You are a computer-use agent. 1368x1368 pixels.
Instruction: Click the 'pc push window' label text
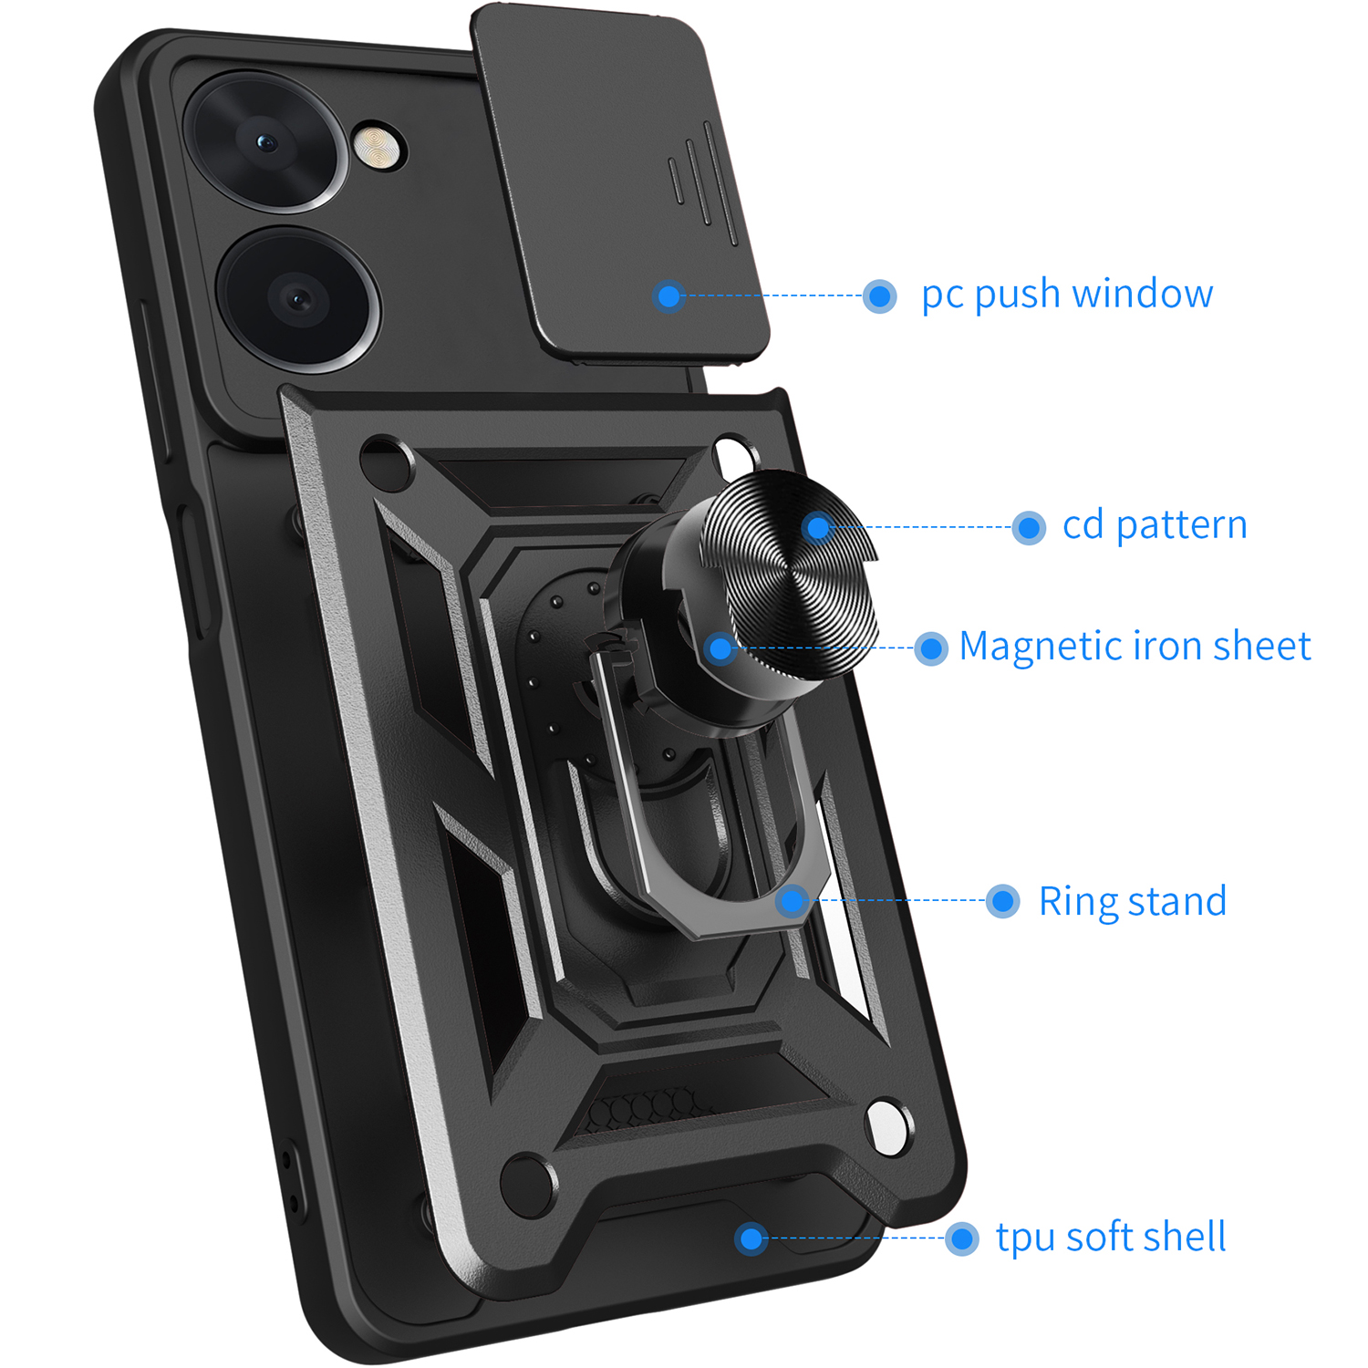pos(1067,295)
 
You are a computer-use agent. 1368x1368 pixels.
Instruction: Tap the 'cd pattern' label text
pos(1155,526)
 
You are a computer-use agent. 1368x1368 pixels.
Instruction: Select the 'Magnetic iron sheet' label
pos(1135,647)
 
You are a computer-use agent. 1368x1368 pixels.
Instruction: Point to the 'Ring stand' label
pos(1132,902)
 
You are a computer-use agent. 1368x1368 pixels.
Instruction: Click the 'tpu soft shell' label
pos(1110,1238)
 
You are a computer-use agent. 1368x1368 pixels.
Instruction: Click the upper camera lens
pos(266,141)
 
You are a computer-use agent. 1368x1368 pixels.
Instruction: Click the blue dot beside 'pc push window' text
pos(880,295)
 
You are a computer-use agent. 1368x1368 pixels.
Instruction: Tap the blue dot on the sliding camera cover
pos(669,295)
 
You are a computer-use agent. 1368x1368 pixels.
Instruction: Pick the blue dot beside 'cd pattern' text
pos(1029,527)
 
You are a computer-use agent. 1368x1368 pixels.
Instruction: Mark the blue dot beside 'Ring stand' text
pos(1003,901)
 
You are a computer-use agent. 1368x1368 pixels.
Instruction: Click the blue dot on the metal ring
pos(793,901)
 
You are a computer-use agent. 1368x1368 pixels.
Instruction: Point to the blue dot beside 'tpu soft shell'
pos(961,1238)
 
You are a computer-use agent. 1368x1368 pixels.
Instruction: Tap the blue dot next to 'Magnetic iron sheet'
pos(931,648)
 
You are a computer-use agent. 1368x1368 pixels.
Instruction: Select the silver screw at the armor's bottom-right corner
pos(886,1126)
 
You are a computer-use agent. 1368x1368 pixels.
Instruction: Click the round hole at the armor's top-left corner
pos(386,461)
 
